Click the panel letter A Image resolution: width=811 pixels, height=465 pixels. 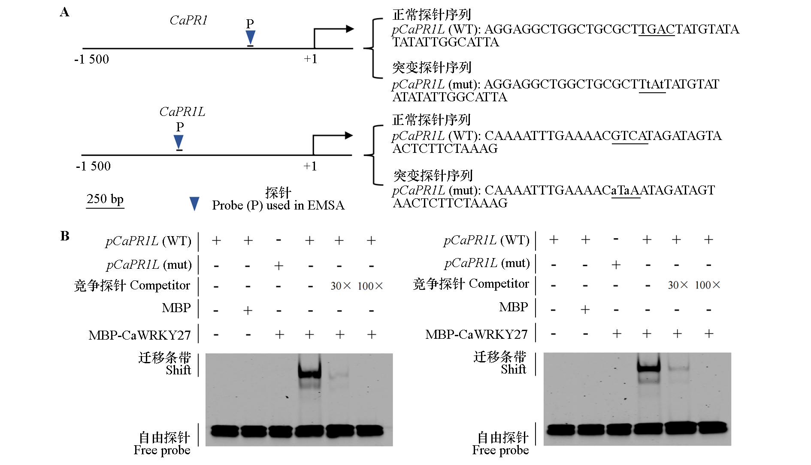coord(64,12)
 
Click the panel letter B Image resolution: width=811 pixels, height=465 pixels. coord(65,236)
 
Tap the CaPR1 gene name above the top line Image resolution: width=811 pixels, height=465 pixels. coord(188,20)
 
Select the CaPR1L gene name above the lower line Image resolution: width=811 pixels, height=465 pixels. coord(182,112)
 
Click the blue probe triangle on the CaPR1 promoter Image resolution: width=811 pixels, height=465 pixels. coord(250,37)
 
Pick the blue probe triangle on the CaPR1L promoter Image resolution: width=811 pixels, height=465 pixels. coord(179,142)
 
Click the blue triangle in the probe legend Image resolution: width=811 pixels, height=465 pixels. coord(194,204)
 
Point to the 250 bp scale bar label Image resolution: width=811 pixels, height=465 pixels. coord(105,199)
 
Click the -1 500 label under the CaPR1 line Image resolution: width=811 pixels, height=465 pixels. coord(92,59)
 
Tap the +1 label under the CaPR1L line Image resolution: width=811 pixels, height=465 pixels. coord(310,166)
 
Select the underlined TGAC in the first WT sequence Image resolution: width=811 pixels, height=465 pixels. coord(657,29)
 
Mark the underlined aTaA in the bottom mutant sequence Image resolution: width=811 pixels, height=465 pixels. coord(625,190)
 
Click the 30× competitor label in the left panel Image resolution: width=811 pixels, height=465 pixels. coord(340,286)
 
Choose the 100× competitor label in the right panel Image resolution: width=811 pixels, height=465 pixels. coord(707,285)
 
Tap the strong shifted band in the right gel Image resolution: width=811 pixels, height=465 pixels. coord(648,367)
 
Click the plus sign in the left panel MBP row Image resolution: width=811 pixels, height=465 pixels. coord(248,310)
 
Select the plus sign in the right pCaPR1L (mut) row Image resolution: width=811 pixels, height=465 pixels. coord(616,264)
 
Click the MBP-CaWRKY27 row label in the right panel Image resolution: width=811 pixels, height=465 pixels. coord(476,334)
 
